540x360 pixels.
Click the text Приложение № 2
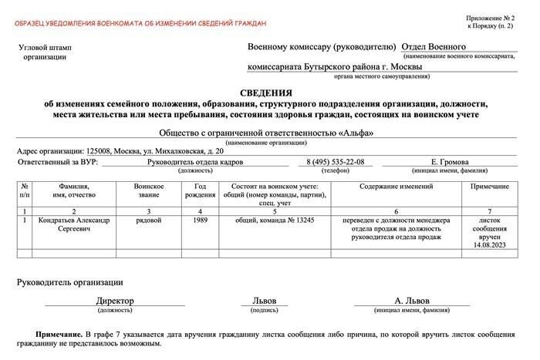pos(491,18)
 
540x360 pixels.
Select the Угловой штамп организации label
pos(44,52)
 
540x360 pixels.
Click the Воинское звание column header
pos(148,190)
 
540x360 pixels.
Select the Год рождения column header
pos(200,190)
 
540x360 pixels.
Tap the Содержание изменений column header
pos(397,187)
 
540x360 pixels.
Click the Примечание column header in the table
pos(489,187)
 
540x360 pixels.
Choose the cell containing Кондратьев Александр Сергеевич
pos(73,224)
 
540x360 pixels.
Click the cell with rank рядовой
pos(148,220)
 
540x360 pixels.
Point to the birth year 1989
pos(200,220)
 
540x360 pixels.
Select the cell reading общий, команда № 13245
pos(275,220)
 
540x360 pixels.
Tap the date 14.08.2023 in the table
pos(489,244)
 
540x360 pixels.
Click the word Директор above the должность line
pos(115,301)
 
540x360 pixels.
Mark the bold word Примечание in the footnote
pos(59,335)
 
